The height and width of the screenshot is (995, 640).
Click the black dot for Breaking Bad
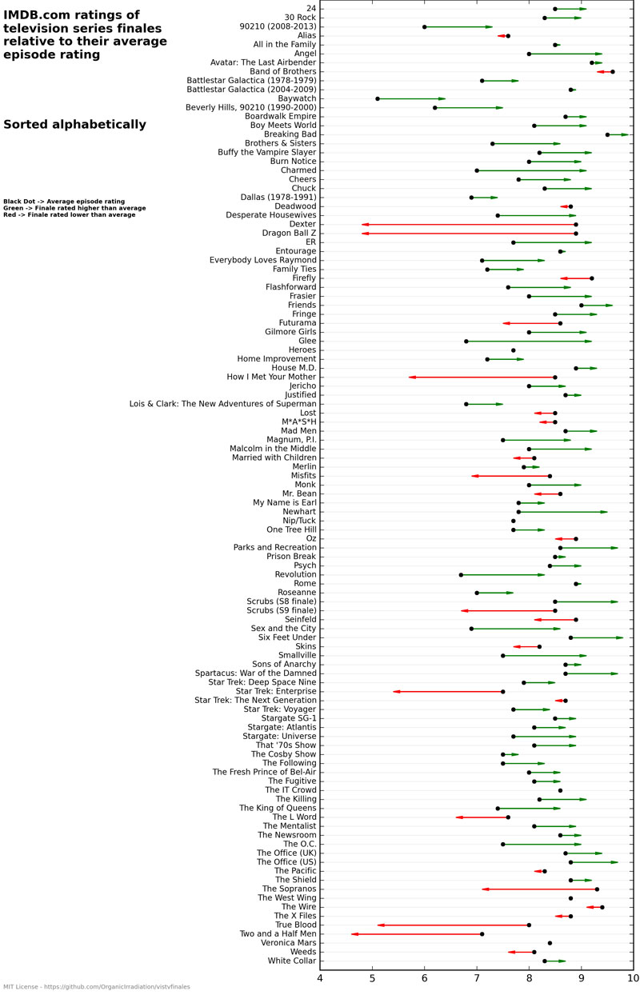click(x=607, y=134)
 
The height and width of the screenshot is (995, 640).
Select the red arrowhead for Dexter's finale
click(x=366, y=225)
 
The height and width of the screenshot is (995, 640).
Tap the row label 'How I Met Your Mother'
click(x=271, y=377)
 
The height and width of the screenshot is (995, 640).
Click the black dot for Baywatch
click(x=378, y=98)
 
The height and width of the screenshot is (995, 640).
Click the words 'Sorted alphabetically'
click(x=74, y=125)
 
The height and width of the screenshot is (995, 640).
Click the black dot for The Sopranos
click(x=597, y=889)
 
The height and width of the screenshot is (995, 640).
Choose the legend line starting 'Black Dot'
click(x=64, y=202)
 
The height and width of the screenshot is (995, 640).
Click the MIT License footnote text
click(x=96, y=987)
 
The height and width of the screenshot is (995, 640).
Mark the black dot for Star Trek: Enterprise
click(x=502, y=691)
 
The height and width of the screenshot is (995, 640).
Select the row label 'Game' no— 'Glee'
click(x=306, y=341)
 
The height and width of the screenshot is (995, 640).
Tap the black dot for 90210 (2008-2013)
click(x=424, y=27)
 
